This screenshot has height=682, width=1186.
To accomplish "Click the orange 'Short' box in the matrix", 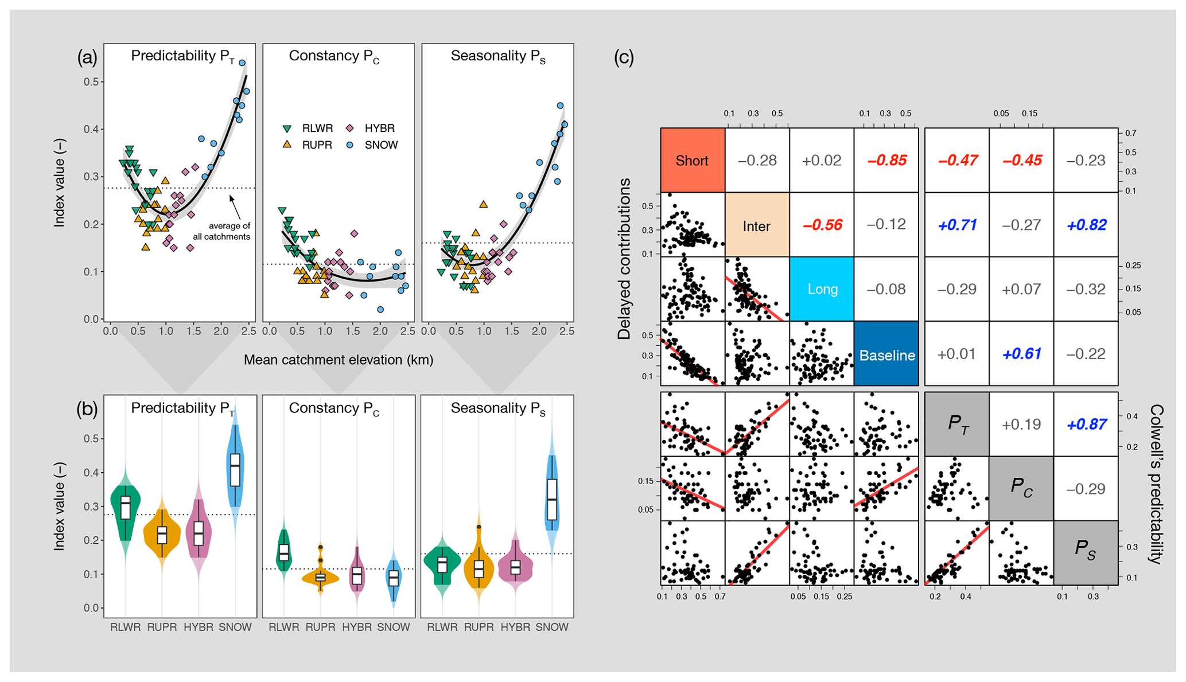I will [x=692, y=160].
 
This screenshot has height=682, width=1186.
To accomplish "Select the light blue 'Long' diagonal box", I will [x=822, y=289].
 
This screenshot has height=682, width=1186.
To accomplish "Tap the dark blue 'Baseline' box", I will [x=886, y=354].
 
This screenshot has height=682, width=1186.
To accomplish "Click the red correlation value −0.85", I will [x=886, y=160].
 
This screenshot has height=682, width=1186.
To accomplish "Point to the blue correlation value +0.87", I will [x=1086, y=424].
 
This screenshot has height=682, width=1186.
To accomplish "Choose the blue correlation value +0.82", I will [x=1086, y=225].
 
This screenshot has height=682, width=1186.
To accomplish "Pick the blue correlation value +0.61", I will [x=1021, y=354].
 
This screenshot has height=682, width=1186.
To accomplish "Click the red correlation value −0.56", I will [x=822, y=225].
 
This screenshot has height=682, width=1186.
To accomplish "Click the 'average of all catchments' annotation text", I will [x=222, y=231].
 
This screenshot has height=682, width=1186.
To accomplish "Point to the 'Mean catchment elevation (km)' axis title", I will [x=338, y=360].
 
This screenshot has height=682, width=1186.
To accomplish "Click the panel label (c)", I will [x=624, y=57].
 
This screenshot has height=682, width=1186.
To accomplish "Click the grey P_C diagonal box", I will [x=1021, y=488].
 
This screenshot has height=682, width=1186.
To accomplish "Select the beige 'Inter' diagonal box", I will [x=756, y=225].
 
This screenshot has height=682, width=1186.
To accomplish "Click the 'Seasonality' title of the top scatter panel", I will [x=497, y=56].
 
